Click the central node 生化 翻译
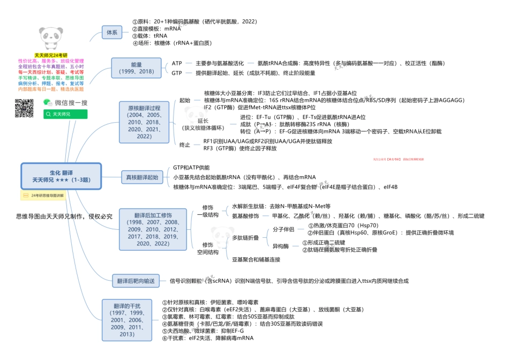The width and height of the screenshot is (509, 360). [x=61, y=176]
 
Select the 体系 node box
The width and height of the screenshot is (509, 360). [x=113, y=32]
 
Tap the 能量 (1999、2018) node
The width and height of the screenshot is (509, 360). [x=136, y=68]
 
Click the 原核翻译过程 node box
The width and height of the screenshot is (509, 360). [x=144, y=122]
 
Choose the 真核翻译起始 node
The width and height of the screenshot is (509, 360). [x=142, y=177]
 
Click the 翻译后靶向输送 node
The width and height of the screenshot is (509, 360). [x=136, y=281]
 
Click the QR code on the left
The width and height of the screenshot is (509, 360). [x=24, y=108]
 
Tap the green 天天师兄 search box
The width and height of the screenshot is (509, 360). [x=65, y=114]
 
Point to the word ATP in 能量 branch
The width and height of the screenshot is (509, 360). [x=177, y=63]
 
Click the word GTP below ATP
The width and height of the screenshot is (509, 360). [x=177, y=73]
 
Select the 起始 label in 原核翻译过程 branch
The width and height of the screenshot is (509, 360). [x=185, y=100]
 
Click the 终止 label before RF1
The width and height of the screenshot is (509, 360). [x=185, y=145]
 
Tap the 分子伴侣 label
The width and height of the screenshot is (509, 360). [x=283, y=229]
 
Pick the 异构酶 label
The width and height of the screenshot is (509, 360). [x=281, y=246]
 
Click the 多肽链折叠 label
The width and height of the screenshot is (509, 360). [x=245, y=237]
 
